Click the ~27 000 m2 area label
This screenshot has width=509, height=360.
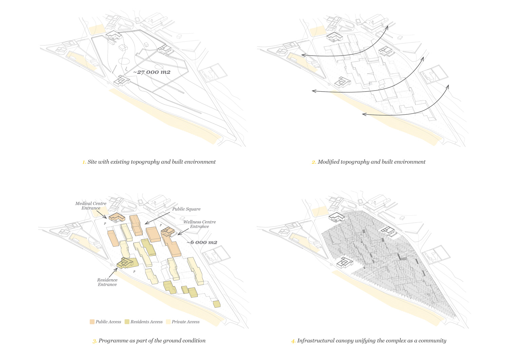(x=152, y=72)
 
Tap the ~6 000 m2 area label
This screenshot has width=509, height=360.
(x=202, y=242)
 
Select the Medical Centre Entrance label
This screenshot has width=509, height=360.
(x=91, y=206)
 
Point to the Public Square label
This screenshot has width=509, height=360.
(x=186, y=209)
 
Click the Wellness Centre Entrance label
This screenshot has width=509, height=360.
(x=199, y=224)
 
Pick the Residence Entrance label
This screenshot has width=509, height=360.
(x=107, y=282)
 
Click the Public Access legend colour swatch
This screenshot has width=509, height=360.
(x=92, y=322)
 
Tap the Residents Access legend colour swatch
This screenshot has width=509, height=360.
(x=127, y=322)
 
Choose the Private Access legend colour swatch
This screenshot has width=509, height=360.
(x=168, y=322)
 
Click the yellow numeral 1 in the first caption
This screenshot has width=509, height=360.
(x=84, y=162)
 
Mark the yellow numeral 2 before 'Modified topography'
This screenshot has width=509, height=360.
(x=314, y=162)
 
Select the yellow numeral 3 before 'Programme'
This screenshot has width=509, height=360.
(x=95, y=341)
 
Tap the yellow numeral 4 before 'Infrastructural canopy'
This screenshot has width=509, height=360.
(x=293, y=341)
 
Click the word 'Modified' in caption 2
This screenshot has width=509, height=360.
(x=328, y=162)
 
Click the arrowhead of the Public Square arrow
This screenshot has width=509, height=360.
(x=146, y=224)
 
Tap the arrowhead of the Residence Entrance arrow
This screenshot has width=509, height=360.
(x=117, y=269)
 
